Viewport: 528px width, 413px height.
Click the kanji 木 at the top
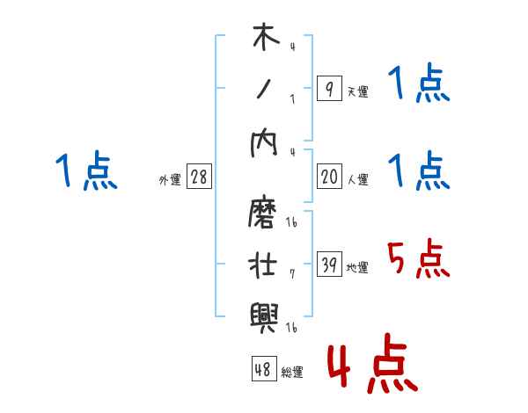point(264,39)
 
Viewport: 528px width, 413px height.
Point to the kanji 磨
point(264,214)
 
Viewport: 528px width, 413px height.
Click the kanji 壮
point(264,264)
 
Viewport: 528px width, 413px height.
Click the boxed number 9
point(328,89)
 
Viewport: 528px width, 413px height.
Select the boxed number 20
point(329,177)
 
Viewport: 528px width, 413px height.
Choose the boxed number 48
point(263,369)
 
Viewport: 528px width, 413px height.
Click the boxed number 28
point(199,177)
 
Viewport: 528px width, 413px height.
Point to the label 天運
point(357,91)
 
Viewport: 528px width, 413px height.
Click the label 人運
point(357,179)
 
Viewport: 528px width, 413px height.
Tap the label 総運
point(292,372)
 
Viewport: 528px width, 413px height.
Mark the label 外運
point(170,179)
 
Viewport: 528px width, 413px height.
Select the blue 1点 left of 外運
point(85,170)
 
